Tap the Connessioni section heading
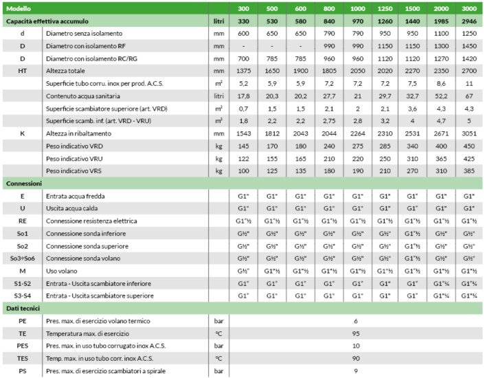tap(25, 184)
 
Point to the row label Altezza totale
tap(69, 71)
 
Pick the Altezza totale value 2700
tap(469, 71)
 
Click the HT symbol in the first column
tap(23, 71)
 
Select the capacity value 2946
tap(469, 21)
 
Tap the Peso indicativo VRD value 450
tap(469, 146)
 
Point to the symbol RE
tap(23, 221)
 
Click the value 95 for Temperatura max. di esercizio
tap(356, 334)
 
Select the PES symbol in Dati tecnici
tap(23, 346)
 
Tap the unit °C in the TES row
tap(219, 359)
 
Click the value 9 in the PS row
tap(356, 371)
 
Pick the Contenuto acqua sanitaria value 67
tap(469, 96)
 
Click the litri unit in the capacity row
tap(219, 21)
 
